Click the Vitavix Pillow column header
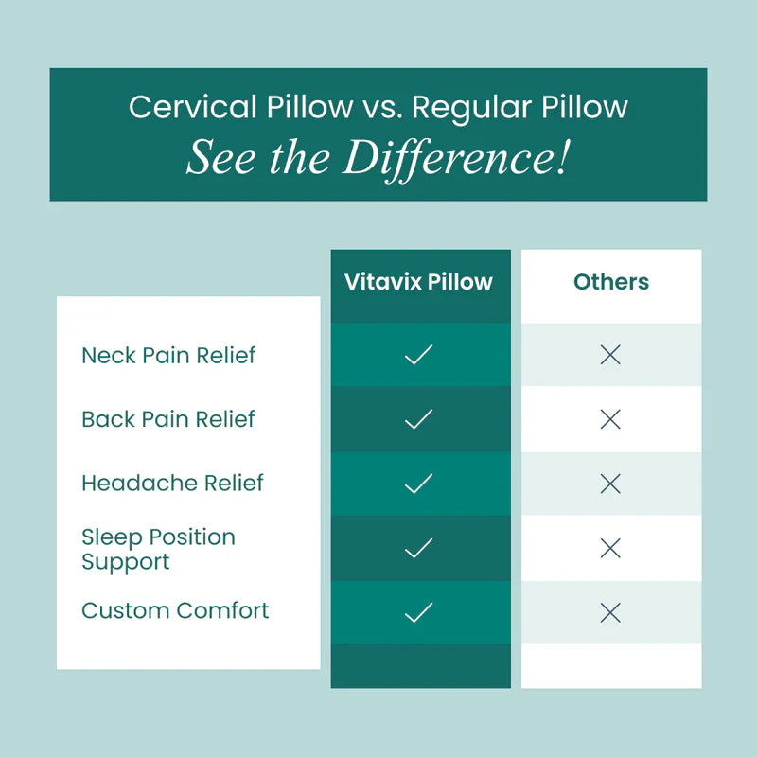[x=418, y=282]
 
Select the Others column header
[x=611, y=282]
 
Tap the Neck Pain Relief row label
[x=168, y=356]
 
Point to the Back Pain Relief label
[x=168, y=419]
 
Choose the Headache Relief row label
[x=172, y=483]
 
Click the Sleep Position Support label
[x=158, y=549]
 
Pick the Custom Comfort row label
[x=175, y=610]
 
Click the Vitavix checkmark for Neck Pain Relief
[x=418, y=355]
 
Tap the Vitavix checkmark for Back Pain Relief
[x=418, y=419]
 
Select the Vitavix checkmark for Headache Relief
[x=418, y=484]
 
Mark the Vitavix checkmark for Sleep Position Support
[x=418, y=548]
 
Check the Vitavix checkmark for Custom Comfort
[x=418, y=612]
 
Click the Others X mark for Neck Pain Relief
[x=610, y=356]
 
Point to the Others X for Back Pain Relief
[x=610, y=420]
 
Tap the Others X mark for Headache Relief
[x=610, y=484]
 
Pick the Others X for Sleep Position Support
[x=610, y=548]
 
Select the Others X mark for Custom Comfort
[x=610, y=612]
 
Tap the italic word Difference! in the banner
[x=456, y=158]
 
